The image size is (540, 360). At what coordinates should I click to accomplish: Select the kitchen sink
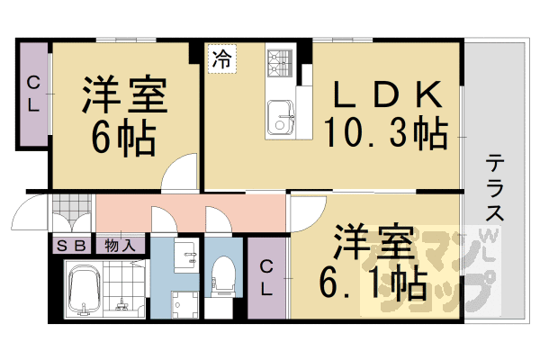(x=281, y=115)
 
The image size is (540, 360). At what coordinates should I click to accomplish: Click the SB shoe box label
(x=73, y=244)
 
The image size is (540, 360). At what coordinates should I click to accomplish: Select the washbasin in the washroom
(x=185, y=256)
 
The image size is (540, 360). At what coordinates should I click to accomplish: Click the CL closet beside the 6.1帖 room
(x=268, y=278)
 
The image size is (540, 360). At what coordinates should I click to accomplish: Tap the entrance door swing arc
(x=30, y=217)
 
